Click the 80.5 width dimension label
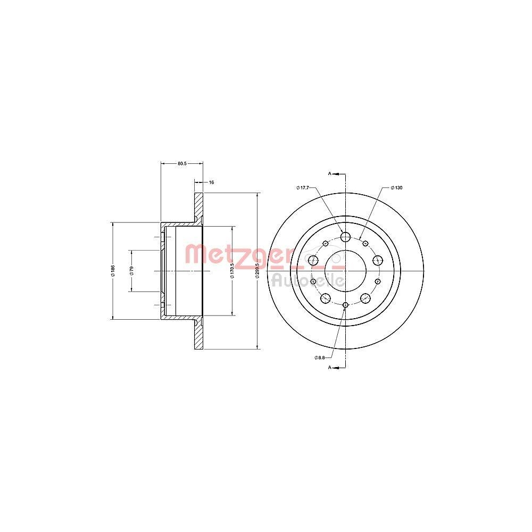click(x=181, y=163)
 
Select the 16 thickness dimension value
click(x=211, y=182)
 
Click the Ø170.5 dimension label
click(x=232, y=271)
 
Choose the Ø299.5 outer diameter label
click(x=257, y=271)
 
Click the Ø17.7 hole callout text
click(x=303, y=187)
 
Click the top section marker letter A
click(x=330, y=174)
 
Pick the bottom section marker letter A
click(x=330, y=368)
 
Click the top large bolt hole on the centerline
click(x=345, y=237)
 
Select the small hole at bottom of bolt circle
click(x=345, y=305)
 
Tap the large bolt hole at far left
click(x=313, y=260)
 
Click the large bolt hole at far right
click(x=378, y=260)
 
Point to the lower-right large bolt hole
click(x=365, y=298)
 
